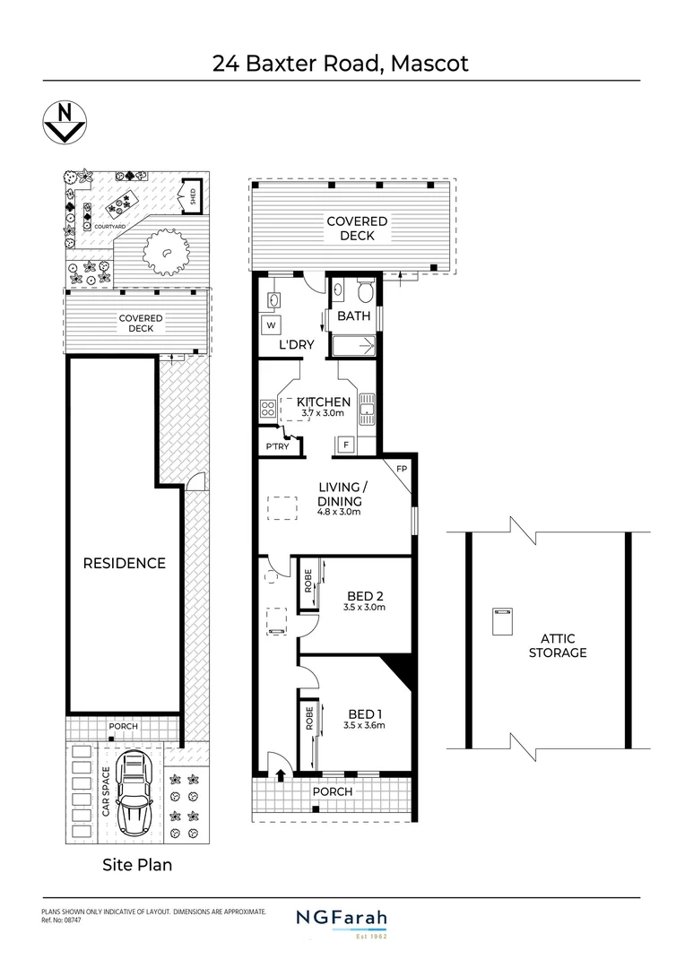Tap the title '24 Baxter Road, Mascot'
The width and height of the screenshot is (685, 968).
point(341,64)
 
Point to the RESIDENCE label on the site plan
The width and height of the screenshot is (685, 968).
point(125,563)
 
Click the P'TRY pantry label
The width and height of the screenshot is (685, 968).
point(277,446)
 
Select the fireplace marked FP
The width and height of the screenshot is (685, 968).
point(401,469)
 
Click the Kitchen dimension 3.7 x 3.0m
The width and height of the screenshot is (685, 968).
point(324,412)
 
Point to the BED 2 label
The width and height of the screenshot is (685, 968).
point(365,593)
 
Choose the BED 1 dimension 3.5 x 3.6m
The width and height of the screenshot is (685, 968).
point(364,725)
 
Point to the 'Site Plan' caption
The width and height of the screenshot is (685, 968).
point(134,865)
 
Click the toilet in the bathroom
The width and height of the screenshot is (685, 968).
point(365,293)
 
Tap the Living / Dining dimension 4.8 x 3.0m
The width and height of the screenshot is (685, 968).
point(339,513)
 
